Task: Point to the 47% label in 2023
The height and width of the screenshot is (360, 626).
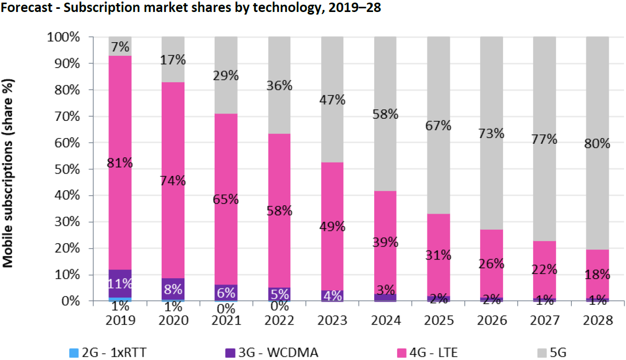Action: pos(333,100)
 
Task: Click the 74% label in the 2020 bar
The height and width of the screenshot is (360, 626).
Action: pos(174,181)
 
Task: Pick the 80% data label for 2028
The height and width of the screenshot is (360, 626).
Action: pos(597,143)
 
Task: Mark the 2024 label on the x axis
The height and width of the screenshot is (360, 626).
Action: pos(385,320)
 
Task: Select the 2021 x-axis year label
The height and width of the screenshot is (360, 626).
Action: pos(226,320)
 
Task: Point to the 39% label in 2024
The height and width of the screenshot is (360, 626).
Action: pos(385,242)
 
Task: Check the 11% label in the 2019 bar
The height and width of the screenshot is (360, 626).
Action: pos(120,284)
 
